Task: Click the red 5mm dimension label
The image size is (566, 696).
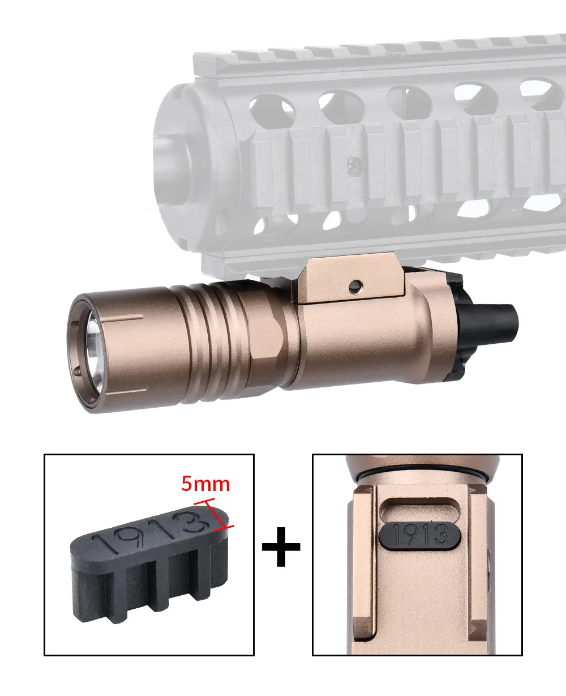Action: point(205,484)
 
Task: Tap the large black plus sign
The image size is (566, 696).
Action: point(281,546)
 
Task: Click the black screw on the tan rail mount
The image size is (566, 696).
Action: point(355,287)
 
